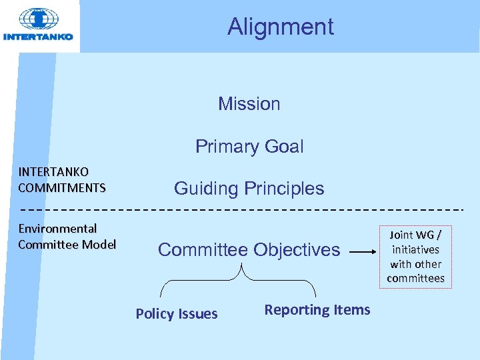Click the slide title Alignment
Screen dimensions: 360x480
(x=280, y=27)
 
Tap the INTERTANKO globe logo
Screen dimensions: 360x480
(x=38, y=20)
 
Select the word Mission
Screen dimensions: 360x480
(x=249, y=104)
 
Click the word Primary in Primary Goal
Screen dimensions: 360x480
(x=225, y=147)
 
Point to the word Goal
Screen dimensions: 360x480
(x=283, y=147)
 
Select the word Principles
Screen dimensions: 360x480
(x=283, y=189)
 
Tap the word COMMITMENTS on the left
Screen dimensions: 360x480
(x=62, y=187)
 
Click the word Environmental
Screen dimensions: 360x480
(x=57, y=229)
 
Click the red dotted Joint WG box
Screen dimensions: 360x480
(x=415, y=257)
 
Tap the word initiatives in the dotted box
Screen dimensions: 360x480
(x=415, y=249)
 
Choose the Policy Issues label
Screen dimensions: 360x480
(x=177, y=314)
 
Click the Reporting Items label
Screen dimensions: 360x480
(x=317, y=310)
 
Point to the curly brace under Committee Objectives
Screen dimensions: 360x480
(x=237, y=280)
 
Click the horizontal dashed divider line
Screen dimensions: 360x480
(x=240, y=209)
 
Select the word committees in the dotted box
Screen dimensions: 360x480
(x=415, y=278)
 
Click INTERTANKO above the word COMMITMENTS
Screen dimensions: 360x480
(x=53, y=173)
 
